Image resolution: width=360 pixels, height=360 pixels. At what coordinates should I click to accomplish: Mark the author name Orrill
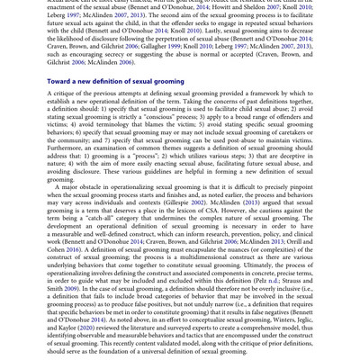tap(285, 240)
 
